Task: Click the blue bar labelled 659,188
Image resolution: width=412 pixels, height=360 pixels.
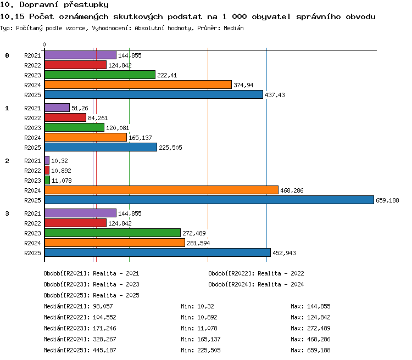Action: (209, 200)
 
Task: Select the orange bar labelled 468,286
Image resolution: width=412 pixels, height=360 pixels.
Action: (162, 190)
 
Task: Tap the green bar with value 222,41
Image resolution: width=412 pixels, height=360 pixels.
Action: (100, 75)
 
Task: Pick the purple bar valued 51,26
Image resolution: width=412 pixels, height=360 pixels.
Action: (57, 108)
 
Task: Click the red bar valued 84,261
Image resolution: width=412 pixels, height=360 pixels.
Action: (65, 117)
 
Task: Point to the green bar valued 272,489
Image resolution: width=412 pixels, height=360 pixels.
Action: (113, 233)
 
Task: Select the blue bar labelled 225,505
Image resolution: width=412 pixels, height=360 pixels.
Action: (101, 147)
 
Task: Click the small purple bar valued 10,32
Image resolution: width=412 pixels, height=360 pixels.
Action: (47, 160)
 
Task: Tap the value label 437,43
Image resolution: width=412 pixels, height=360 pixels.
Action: (275, 95)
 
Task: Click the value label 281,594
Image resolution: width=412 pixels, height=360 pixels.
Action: (198, 243)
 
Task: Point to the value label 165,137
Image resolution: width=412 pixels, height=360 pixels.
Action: (140, 138)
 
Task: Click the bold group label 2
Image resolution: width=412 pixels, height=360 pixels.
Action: (7, 161)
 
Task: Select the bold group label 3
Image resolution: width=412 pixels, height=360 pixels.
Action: (7, 213)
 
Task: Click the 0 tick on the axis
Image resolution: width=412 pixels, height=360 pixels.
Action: (44, 44)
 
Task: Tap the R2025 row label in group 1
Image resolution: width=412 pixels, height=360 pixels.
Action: (32, 148)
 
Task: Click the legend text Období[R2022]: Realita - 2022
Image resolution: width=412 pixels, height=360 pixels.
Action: (256, 273)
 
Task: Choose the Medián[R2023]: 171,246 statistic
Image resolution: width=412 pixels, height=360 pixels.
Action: (80, 328)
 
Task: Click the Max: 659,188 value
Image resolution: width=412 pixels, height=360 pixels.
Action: (310, 350)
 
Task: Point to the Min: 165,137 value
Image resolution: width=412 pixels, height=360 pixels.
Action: (201, 339)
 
